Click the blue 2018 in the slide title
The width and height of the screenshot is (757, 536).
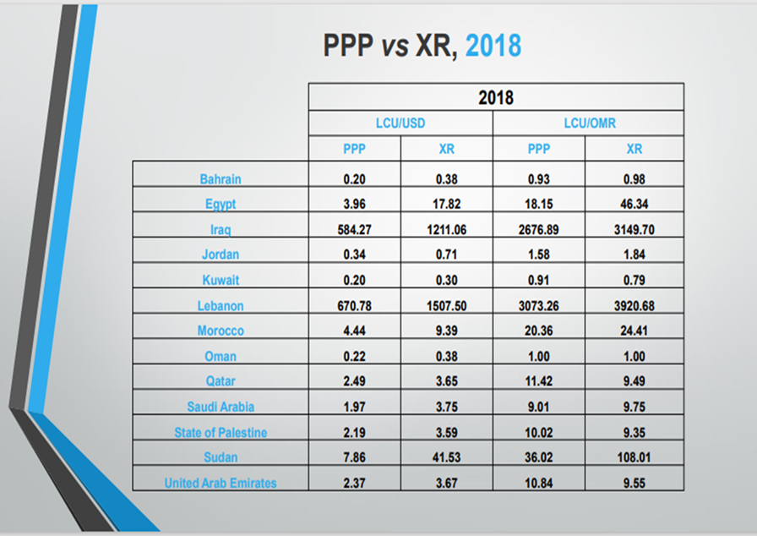coord(493,45)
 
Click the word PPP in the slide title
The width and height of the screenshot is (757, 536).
coord(348,45)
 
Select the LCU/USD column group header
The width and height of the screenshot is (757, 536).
coord(400,123)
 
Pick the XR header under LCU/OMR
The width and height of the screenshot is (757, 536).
coord(634,149)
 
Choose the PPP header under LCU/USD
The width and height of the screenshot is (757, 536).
coord(354,149)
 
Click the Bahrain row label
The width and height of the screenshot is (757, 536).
coord(221,179)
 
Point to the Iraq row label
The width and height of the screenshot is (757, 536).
coord(221,229)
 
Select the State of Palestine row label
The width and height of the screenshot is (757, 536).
coord(221,432)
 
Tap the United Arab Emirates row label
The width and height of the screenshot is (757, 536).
coord(221,483)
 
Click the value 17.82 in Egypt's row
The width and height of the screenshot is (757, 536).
coord(447,204)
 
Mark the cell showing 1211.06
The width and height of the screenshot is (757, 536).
coord(447,229)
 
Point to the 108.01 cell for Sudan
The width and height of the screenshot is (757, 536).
coord(634,457)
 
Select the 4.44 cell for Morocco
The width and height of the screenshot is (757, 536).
coord(354,331)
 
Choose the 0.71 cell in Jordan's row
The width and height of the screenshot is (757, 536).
coord(447,254)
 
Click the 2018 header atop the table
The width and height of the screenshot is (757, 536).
coord(495,97)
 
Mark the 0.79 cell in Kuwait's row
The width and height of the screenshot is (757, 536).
coord(634,280)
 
